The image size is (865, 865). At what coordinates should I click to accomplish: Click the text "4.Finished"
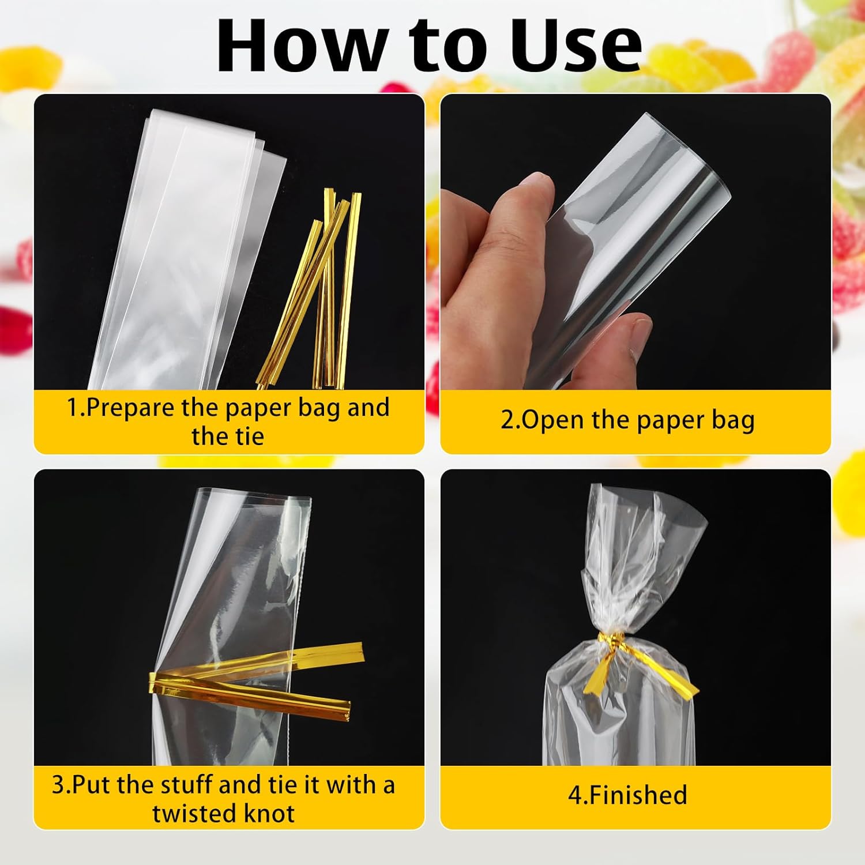click(627, 795)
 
